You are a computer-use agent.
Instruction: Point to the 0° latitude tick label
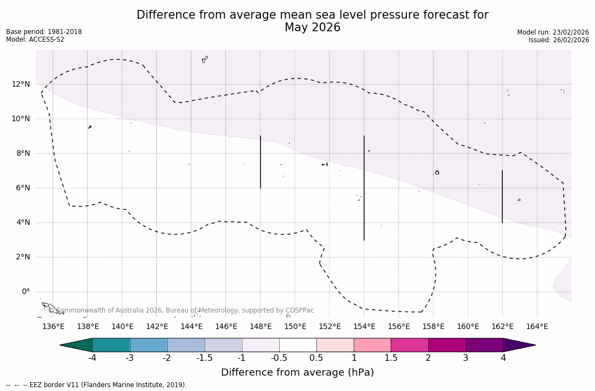point(25,292)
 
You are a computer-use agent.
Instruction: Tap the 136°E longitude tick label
point(53,326)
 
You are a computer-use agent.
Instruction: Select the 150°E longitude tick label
point(295,326)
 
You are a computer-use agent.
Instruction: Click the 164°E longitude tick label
point(537,326)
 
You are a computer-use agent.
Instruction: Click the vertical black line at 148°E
point(260,162)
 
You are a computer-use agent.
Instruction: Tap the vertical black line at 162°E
point(502,196)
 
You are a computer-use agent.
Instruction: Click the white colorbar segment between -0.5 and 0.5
point(298,345)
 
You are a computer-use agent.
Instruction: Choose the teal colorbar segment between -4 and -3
point(111,345)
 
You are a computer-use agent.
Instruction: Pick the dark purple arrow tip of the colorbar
point(518,345)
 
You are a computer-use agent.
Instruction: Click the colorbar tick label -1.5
point(205,358)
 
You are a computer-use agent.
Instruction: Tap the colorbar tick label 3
point(466,358)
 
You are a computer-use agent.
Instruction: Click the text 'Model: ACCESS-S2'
point(35,39)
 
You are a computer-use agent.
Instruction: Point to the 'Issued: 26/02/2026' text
point(559,40)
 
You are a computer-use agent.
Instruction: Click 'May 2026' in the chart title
point(312,27)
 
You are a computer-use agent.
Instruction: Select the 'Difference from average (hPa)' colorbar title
point(297,372)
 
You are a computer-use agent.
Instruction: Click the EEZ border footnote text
point(97,385)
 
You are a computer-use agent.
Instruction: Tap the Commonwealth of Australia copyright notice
point(181,310)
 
